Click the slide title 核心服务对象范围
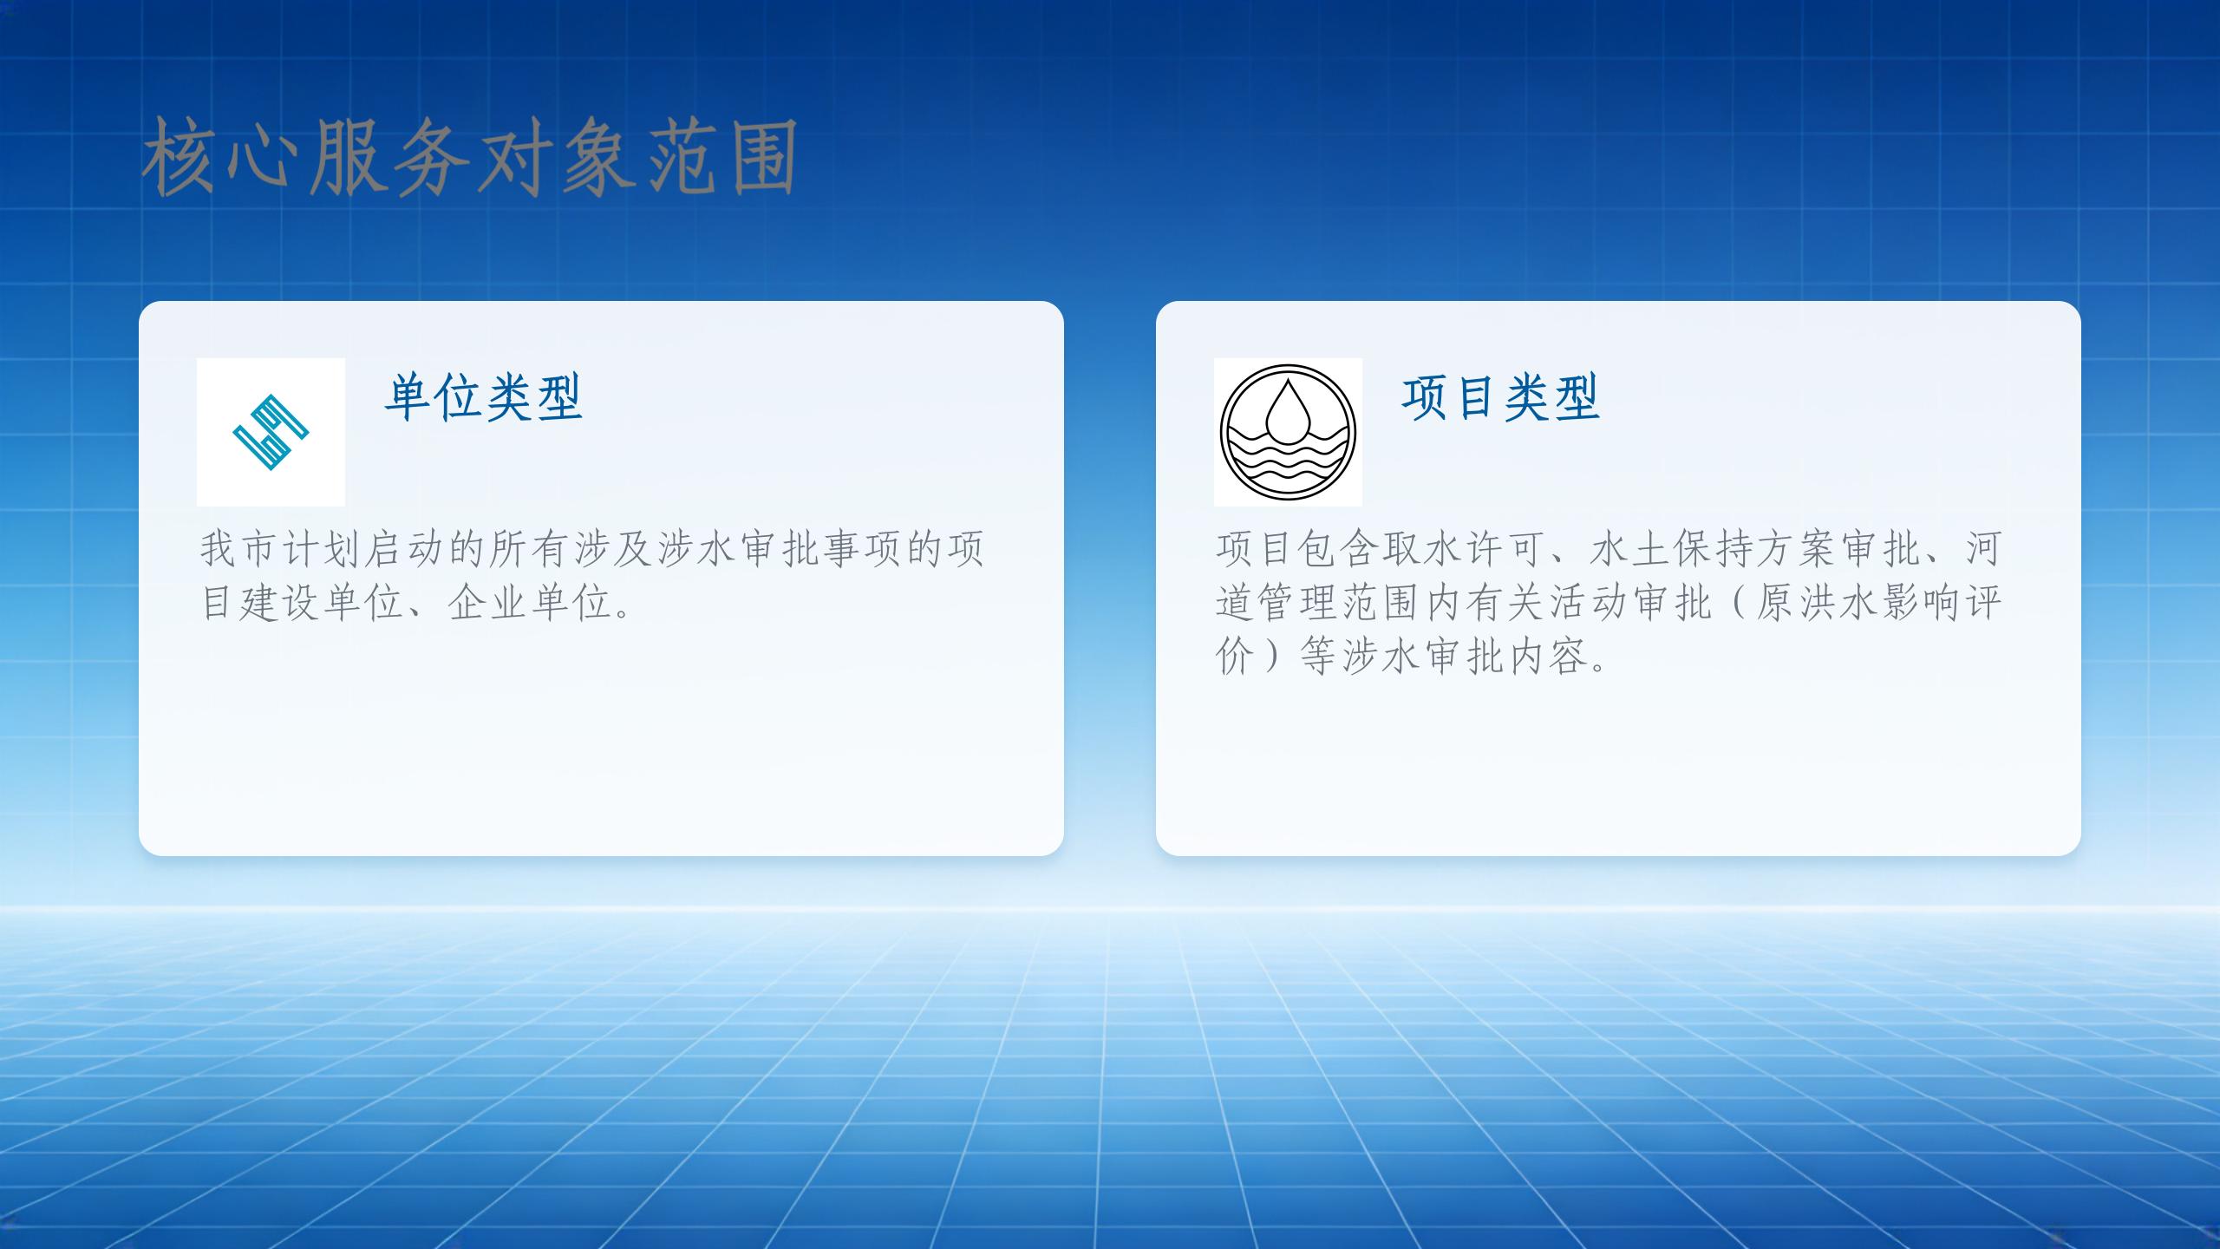(469, 158)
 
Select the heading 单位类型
(484, 397)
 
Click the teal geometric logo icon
(271, 432)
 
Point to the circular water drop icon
(1288, 432)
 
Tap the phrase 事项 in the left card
(861, 548)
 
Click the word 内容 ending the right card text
(1547, 657)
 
